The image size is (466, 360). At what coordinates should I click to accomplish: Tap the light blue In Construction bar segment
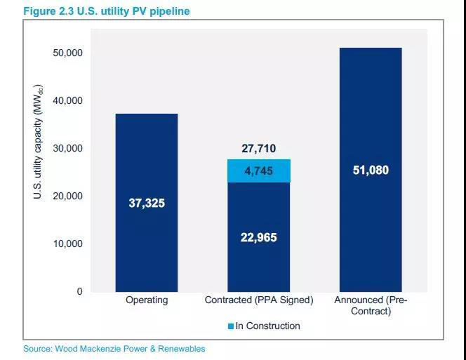click(x=259, y=171)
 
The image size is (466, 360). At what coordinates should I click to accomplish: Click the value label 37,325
click(x=147, y=203)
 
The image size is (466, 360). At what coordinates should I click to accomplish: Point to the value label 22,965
click(x=259, y=238)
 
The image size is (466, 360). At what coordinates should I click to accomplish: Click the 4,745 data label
click(x=259, y=171)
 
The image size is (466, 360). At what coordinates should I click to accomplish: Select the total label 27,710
click(x=259, y=149)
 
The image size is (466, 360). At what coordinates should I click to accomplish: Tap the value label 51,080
click(x=371, y=170)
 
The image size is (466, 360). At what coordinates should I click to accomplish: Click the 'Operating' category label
click(x=147, y=300)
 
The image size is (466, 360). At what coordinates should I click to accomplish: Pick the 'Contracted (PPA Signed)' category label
click(x=259, y=300)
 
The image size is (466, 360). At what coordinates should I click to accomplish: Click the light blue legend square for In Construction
click(x=230, y=326)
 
